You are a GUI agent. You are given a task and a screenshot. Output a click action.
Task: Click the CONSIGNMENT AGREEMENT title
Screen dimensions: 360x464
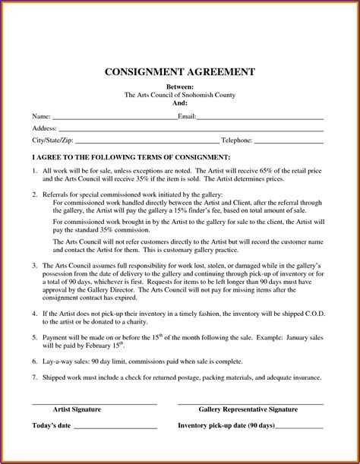[179, 72]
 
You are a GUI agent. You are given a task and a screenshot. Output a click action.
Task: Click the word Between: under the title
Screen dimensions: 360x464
[179, 88]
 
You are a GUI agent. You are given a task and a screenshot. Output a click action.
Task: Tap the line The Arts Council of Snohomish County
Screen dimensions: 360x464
[179, 96]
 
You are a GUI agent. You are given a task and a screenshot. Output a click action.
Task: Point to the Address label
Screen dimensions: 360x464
[45, 129]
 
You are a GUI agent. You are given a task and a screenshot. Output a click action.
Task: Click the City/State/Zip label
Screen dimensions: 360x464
[53, 140]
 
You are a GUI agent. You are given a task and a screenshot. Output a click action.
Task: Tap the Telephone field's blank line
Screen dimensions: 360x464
[288, 140]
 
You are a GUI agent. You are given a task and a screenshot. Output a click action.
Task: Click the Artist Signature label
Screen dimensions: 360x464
[93, 409]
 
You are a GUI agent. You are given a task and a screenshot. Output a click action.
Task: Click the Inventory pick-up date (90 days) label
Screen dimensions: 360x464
[226, 425]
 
